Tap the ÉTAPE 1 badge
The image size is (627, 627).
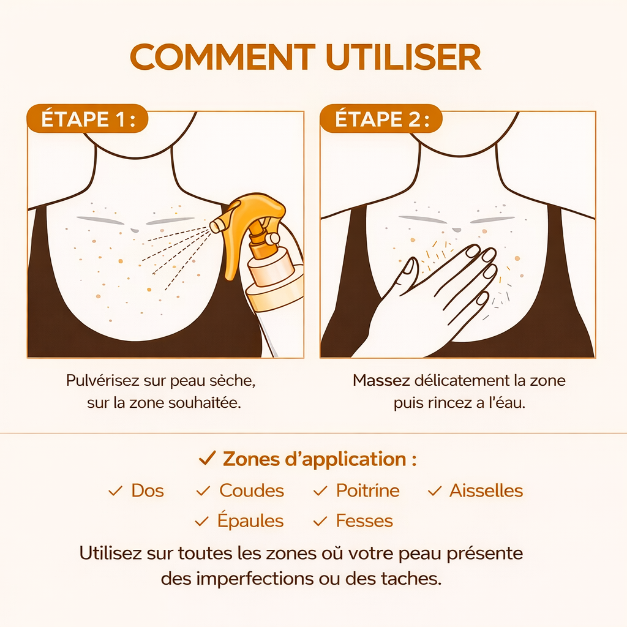tap(87, 119)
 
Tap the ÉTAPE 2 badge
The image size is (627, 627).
tap(380, 119)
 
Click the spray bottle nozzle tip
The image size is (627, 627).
tap(216, 227)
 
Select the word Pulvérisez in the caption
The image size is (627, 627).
tap(101, 380)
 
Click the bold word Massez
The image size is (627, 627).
tap(381, 380)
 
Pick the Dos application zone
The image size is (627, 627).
tap(147, 490)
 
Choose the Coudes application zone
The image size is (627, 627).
tap(251, 490)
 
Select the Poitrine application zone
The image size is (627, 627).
tap(367, 490)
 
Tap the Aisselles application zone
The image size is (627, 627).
tap(486, 490)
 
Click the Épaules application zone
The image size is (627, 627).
tap(250, 521)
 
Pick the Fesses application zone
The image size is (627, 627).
tap(364, 521)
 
